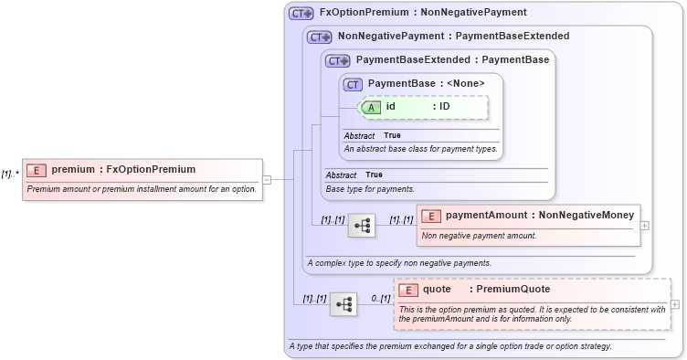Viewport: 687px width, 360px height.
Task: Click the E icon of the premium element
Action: [37, 169]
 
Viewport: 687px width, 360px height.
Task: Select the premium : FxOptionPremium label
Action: [123, 169]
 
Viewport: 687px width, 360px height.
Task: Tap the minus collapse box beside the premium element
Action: [267, 179]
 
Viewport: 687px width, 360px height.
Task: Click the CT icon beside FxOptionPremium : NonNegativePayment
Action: [301, 14]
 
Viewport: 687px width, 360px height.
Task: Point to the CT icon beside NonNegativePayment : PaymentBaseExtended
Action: [319, 37]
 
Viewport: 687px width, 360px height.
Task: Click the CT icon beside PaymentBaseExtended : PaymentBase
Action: [337, 60]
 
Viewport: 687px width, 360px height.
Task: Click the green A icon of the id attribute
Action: [372, 107]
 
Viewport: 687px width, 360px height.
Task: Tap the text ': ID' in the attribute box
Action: [441, 107]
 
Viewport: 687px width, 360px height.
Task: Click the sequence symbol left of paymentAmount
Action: [363, 225]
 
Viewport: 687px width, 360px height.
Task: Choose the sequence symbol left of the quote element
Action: [343, 304]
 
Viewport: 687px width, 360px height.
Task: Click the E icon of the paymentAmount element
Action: [432, 216]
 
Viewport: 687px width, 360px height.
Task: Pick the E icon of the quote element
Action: [410, 290]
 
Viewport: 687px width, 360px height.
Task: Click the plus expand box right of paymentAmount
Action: [646, 224]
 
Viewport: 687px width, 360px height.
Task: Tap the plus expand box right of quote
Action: [675, 304]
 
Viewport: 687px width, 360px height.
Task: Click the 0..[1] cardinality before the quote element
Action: [380, 299]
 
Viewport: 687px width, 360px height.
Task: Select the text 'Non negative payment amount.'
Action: [479, 236]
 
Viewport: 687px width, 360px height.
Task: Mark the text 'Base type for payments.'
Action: [370, 189]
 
